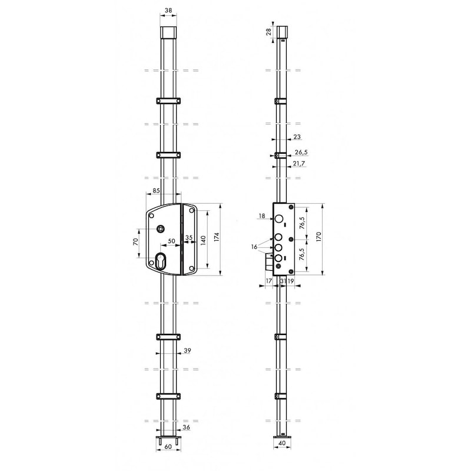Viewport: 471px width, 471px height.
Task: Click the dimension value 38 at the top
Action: [168, 10]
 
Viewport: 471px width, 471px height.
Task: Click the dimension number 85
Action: [157, 191]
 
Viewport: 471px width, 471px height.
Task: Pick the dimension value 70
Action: [135, 242]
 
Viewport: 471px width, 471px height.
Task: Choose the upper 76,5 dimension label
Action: [302, 224]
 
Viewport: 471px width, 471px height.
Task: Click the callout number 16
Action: [254, 247]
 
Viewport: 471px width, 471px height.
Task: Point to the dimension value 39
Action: [187, 351]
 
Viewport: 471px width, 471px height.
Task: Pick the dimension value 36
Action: [186, 428]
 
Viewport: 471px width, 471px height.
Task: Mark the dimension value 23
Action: [297, 137]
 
